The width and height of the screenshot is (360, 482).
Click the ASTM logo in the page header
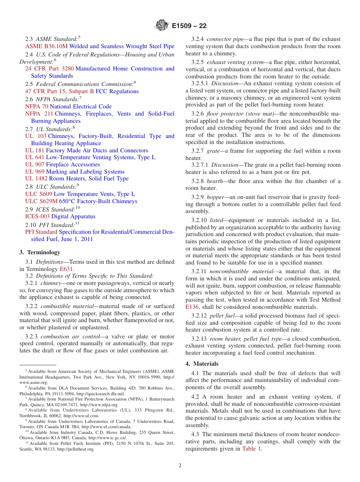pyautogui.click(x=162, y=26)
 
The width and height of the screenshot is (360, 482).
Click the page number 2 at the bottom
pyautogui.click(x=180, y=465)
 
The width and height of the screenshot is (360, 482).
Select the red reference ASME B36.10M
pyautogui.click(x=46, y=46)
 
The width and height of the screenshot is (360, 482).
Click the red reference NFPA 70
pyautogui.click(x=36, y=106)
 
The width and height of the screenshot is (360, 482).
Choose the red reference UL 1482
pyautogui.click(x=36, y=178)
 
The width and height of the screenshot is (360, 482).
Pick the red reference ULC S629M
pyautogui.click(x=41, y=201)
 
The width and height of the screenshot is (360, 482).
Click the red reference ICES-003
pyautogui.click(x=38, y=216)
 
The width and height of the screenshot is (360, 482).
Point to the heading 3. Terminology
pyautogui.click(x=40, y=252)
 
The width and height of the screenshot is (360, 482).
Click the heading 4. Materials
pyautogui.click(x=202, y=364)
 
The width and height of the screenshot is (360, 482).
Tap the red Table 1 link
pyautogui.click(x=252, y=449)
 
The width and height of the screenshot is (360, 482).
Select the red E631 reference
pyautogui.click(x=67, y=269)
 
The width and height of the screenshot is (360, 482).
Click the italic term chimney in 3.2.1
pyautogui.click(x=51, y=283)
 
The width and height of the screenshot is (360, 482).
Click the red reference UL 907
pyautogui.click(x=35, y=164)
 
